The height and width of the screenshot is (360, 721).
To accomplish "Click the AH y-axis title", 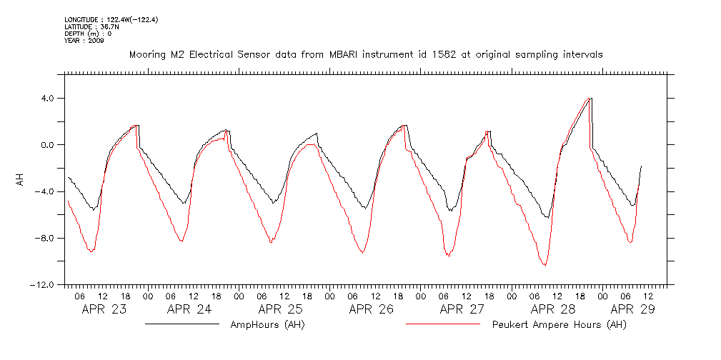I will point(21,181).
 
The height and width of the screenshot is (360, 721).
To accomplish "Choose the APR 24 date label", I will point(189,309).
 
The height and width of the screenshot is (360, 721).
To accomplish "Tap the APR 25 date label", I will point(280,309).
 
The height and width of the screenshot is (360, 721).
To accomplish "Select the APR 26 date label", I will point(371,309).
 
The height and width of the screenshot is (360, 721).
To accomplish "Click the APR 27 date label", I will point(462,309).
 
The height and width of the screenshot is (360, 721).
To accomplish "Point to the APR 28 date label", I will point(552,309).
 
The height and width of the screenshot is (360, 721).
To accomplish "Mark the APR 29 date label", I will point(632,309).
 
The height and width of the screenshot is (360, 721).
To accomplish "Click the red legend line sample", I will point(442,324).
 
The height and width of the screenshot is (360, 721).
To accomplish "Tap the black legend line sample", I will point(182,324).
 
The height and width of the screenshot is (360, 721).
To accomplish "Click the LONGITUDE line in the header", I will point(111,19).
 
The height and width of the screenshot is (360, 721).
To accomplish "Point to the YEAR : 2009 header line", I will point(84,41).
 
